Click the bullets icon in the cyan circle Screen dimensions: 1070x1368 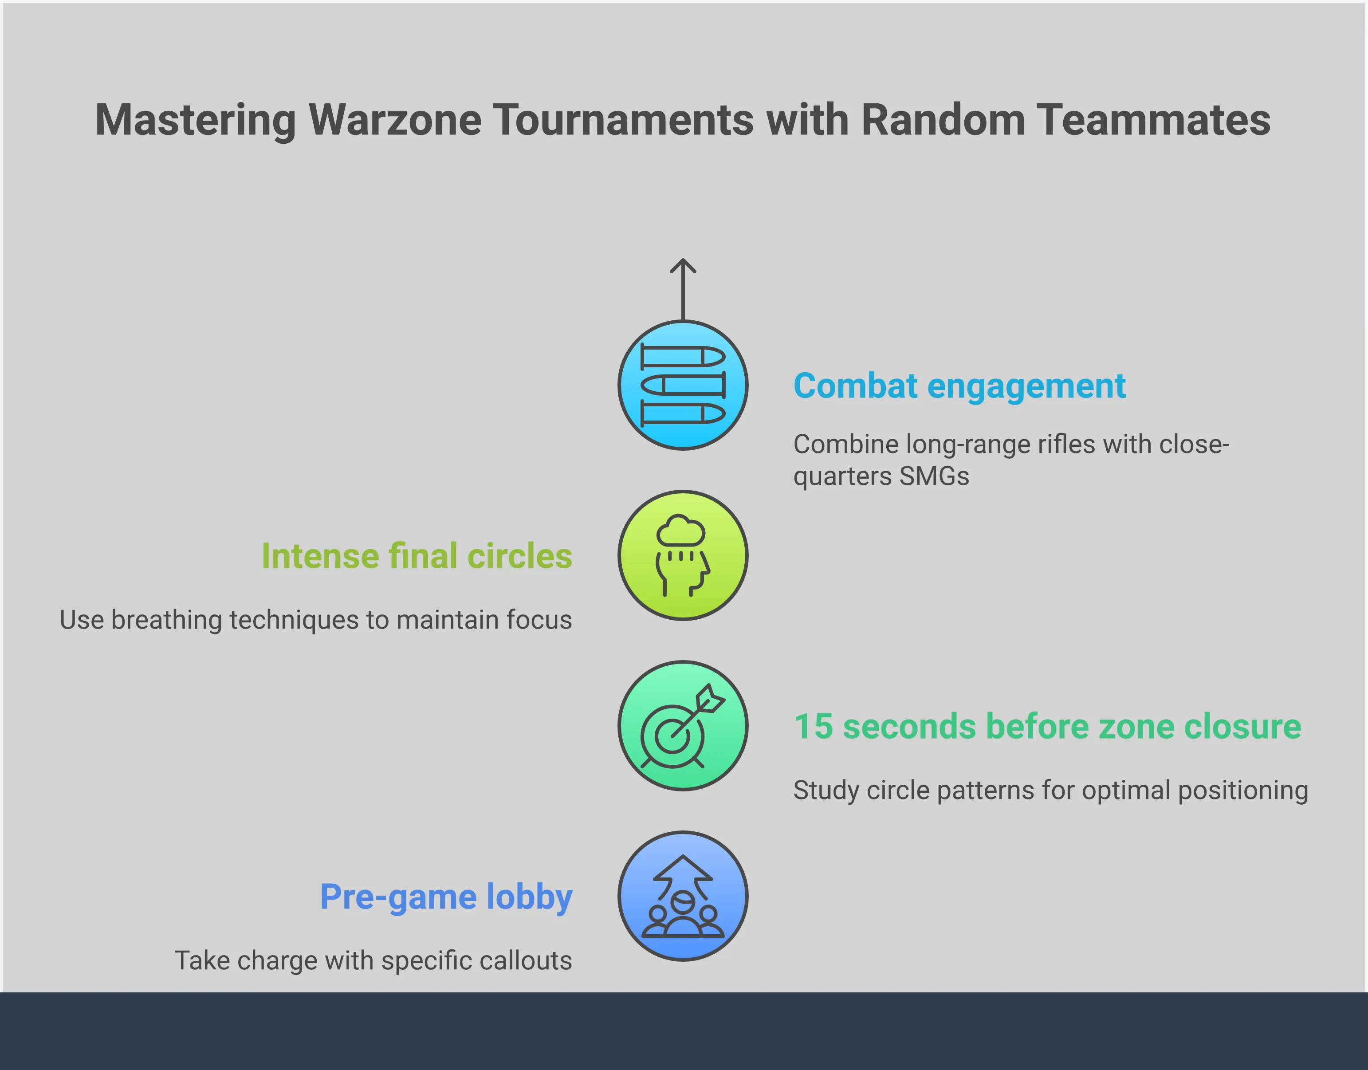[683, 385]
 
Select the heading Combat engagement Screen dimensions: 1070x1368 [959, 386]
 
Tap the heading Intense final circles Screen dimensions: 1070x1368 [417, 556]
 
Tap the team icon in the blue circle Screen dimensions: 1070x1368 [683, 897]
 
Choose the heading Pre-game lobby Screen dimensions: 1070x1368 [446, 897]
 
